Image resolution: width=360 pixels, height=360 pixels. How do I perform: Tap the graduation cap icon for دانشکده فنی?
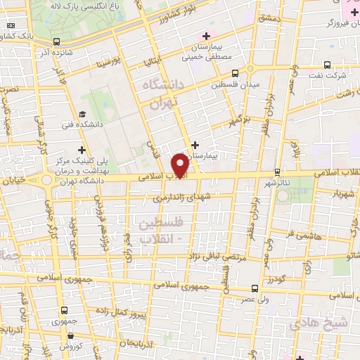pyautogui.click(x=83, y=115)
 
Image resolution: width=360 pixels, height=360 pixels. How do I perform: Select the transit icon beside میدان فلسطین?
pyautogui.click(x=235, y=72)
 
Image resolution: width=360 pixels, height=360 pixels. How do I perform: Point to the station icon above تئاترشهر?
pyautogui.click(x=278, y=171)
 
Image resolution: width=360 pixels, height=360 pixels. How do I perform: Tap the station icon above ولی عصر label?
pyautogui.click(x=255, y=287)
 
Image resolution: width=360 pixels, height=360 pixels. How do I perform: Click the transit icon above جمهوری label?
pyautogui.click(x=65, y=310)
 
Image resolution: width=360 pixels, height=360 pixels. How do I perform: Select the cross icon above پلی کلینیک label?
pyautogui.click(x=83, y=149)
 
